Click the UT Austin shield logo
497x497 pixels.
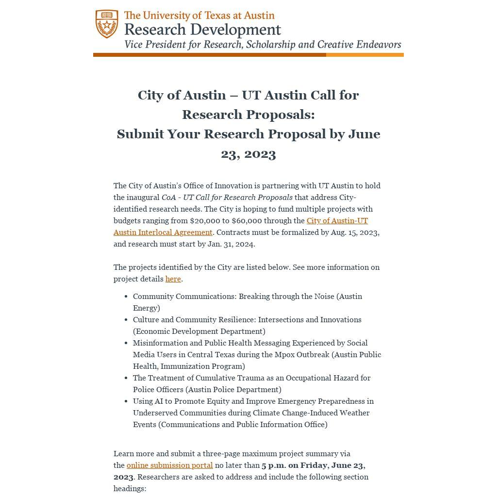pos(107,24)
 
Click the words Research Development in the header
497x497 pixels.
pos(202,30)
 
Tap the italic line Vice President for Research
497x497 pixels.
pos(263,45)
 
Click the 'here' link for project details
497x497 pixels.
pos(173,279)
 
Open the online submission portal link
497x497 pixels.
pos(169,465)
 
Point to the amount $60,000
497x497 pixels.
pos(247,221)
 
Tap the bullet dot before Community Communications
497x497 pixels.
pos(126,297)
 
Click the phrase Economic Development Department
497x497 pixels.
pos(199,331)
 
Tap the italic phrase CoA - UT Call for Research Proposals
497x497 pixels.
pos(227,198)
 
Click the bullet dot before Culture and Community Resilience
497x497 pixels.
pos(126,320)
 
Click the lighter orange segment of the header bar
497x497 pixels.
pos(364,55)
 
